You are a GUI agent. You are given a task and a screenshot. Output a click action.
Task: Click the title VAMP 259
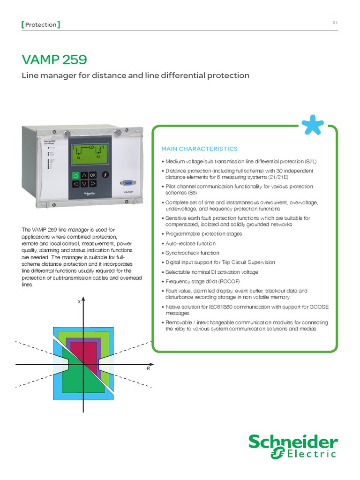tap(54, 60)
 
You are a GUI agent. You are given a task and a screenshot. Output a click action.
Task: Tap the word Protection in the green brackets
tap(40, 24)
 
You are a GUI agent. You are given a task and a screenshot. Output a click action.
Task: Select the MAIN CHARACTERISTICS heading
tap(199, 149)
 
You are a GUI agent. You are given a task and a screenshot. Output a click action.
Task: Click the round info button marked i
tap(105, 174)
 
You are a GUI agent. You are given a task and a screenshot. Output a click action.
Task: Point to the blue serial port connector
tap(127, 184)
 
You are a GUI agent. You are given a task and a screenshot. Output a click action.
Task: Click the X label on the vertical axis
tap(79, 302)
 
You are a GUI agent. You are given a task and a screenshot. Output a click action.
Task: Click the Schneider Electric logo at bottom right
tap(292, 446)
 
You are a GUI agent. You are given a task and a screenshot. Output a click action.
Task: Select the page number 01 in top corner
tap(335, 23)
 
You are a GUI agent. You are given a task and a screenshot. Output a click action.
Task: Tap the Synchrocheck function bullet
tap(193, 253)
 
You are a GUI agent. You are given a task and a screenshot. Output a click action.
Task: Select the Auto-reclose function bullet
tap(190, 244)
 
